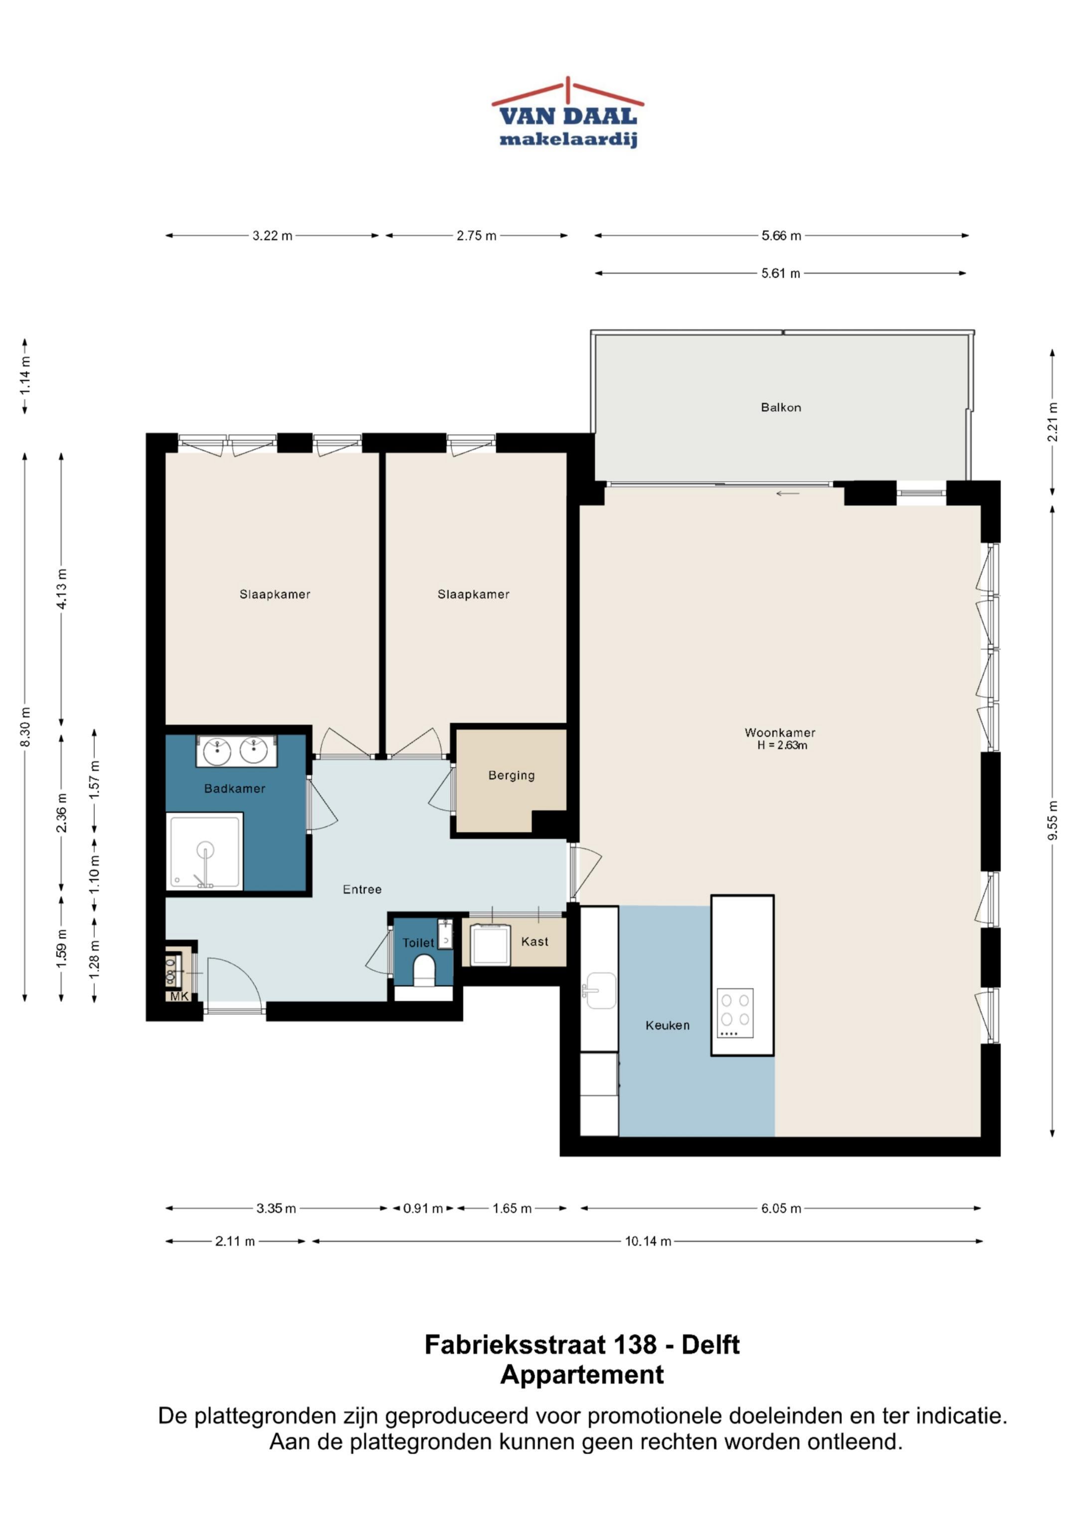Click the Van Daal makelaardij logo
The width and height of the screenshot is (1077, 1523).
[x=567, y=112]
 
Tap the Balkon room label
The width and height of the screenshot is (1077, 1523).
[x=780, y=407]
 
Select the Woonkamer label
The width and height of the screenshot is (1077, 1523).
[x=780, y=732]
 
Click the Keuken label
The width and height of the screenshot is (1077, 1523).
[x=668, y=1025]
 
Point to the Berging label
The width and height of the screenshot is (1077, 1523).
[x=511, y=775]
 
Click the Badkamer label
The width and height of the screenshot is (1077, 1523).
[x=234, y=788]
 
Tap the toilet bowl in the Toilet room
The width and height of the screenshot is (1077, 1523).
[x=423, y=971]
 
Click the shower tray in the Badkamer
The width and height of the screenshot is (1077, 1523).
[x=205, y=852]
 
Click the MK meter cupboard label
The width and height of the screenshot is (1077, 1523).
[x=179, y=997]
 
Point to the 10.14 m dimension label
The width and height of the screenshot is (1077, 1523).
[x=648, y=1240]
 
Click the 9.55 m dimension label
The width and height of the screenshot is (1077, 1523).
[x=1053, y=821]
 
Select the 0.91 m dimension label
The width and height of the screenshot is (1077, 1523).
[x=423, y=1208]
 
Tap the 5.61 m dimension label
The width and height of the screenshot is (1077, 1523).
[x=780, y=273]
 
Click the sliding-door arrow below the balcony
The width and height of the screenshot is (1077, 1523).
[x=788, y=494]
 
